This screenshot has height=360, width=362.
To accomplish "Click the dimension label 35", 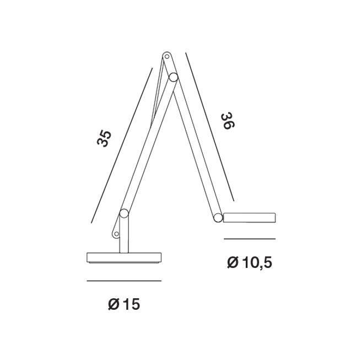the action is pos(104,138).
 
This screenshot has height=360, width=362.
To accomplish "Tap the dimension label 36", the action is pos(228,121).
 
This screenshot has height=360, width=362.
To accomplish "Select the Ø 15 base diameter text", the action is pos(124,304).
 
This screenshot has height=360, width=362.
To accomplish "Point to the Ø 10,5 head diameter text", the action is pos(250,262).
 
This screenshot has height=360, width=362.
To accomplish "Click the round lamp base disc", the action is pos(124,258).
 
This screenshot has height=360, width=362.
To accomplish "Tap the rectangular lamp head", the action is pos(250,218).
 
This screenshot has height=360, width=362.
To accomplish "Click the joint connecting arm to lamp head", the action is pos(218,218).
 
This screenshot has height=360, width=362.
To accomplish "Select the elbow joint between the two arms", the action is pos(173,77).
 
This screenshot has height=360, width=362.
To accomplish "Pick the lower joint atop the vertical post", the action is pos(124,213).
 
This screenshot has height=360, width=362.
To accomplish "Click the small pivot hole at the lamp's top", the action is pos(166,56).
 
